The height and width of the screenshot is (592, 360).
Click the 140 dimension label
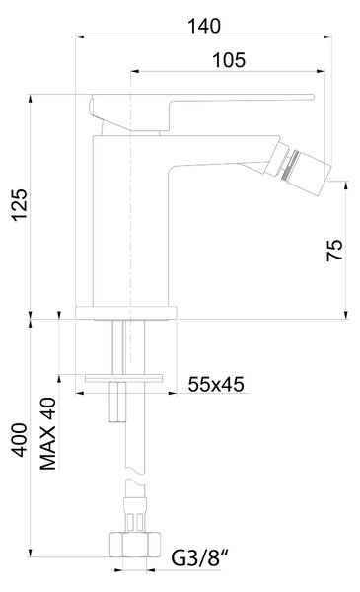click(x=204, y=26)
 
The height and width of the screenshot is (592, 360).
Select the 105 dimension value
click(x=229, y=60)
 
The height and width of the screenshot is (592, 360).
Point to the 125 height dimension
click(x=20, y=204)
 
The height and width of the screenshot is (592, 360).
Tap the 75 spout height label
click(x=334, y=250)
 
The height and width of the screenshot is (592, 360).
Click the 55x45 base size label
click(x=216, y=385)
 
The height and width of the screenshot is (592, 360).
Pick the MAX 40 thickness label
click(x=48, y=433)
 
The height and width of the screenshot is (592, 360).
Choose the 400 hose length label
click(x=20, y=440)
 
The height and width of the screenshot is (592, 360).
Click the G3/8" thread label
click(x=200, y=558)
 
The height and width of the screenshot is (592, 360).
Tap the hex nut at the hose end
click(x=135, y=545)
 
